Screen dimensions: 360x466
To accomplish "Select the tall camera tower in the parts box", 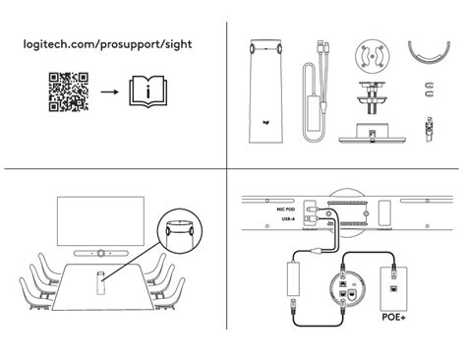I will pyautogui.click(x=266, y=87).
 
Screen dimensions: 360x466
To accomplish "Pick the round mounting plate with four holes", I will pyautogui.click(x=371, y=57).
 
